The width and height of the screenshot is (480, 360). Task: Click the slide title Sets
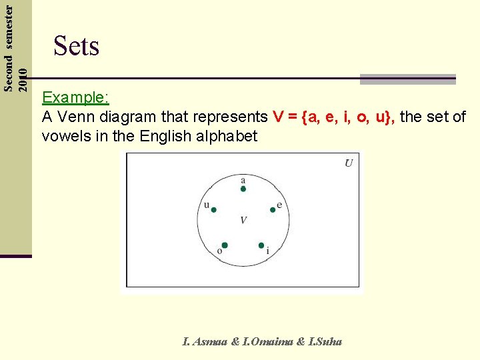click(x=76, y=46)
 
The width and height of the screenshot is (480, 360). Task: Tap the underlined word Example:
click(x=75, y=97)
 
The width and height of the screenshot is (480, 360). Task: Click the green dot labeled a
click(x=243, y=189)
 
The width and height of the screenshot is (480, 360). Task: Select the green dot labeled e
click(x=273, y=209)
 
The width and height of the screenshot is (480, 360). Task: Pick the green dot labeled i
click(x=261, y=245)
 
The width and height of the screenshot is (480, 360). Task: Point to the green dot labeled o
click(x=225, y=245)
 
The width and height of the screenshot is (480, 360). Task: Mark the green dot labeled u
click(x=213, y=209)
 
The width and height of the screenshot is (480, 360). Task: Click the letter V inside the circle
click(x=243, y=220)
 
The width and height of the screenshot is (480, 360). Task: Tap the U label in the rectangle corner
click(x=349, y=163)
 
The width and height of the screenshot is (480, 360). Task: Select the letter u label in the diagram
click(x=207, y=204)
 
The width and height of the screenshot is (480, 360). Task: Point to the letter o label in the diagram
click(x=219, y=251)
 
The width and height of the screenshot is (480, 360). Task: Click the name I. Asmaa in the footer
click(x=206, y=342)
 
